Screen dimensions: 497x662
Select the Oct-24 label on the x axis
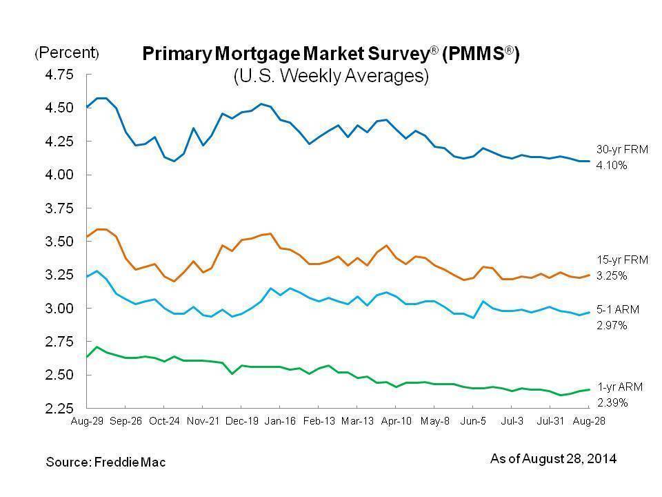[163, 420]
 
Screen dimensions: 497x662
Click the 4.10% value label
[612, 166]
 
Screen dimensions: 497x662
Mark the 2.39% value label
[612, 402]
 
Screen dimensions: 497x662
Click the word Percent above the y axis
[67, 53]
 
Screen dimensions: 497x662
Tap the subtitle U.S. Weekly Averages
[330, 75]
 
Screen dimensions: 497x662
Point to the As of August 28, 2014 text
[553, 458]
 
